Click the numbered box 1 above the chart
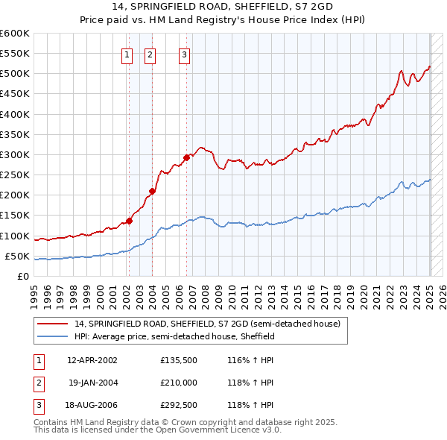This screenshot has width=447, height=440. (x=127, y=53)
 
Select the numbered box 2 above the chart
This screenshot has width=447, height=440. (x=150, y=53)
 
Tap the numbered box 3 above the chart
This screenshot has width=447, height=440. (x=184, y=53)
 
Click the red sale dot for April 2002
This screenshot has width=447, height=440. (x=129, y=221)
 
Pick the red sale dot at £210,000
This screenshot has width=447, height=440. (x=152, y=191)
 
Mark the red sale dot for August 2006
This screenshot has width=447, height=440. (x=186, y=157)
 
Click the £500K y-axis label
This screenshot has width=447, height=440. (x=15, y=74)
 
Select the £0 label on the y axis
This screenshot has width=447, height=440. (x=23, y=277)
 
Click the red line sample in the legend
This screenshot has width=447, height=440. (x=53, y=324)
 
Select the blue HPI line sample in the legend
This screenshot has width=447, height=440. (x=53, y=336)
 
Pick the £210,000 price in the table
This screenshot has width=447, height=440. (x=178, y=383)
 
